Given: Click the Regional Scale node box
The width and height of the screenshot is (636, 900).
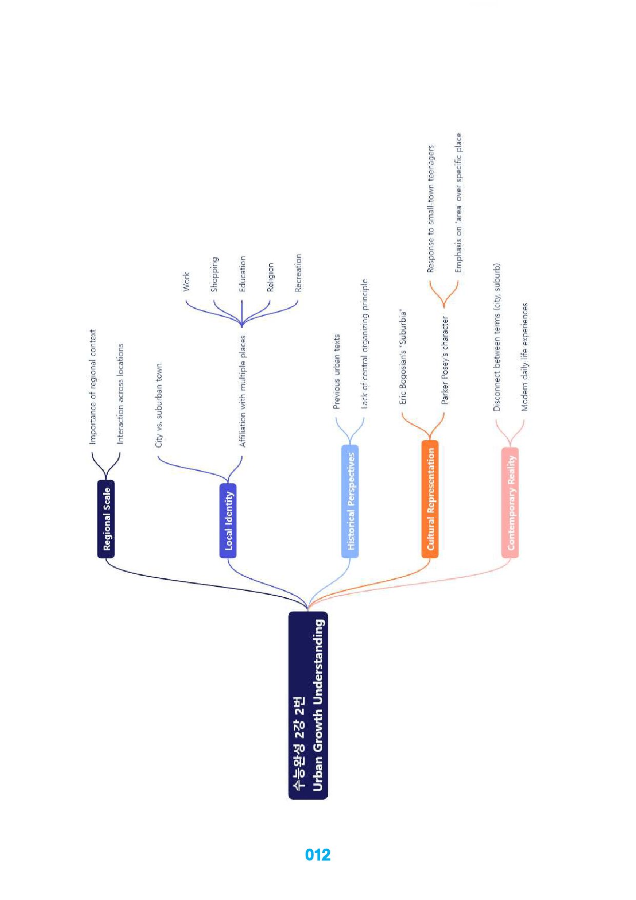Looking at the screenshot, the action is (106, 519).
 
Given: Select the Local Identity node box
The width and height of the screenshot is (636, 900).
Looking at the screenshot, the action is (228, 520).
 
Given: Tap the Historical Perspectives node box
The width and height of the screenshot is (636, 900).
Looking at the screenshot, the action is (350, 501).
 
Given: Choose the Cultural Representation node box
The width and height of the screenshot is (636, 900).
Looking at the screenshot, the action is (430, 499).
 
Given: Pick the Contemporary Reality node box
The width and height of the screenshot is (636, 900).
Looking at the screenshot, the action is (510, 502).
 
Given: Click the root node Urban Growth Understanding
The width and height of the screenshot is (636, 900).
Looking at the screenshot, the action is (308, 705).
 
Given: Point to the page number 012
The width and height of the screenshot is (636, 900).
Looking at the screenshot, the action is (317, 855).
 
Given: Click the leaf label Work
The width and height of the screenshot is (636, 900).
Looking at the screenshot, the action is (186, 282).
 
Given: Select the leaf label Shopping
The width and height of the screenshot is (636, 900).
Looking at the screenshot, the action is (214, 274).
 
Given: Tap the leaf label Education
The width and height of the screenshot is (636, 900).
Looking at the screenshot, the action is (242, 274).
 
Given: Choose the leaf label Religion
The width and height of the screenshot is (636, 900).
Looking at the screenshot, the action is (270, 277).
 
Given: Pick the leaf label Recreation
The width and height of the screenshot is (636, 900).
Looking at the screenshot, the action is (298, 273).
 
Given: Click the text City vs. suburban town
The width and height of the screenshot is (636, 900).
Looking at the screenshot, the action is (158, 405).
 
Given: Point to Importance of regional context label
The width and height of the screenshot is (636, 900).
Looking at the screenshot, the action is (92, 387).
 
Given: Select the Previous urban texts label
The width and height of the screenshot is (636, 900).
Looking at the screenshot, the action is (336, 371).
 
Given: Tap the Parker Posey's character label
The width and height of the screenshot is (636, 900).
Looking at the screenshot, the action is (445, 360).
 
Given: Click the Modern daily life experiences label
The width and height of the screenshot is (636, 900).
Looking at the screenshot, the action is (524, 357).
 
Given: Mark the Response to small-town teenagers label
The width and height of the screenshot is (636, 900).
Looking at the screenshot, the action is (431, 208).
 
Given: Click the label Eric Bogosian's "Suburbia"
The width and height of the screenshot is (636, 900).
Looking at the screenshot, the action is (403, 357).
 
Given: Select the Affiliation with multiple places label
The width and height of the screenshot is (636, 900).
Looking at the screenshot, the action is (243, 391).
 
